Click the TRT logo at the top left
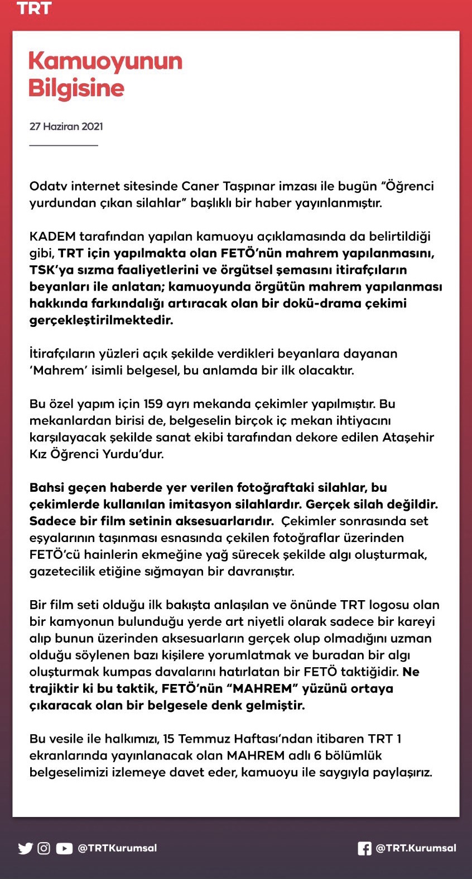34,8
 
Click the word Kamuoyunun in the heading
105,61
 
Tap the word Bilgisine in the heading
76,88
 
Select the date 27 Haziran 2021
66,126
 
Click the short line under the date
64,145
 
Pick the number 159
153,404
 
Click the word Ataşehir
408,438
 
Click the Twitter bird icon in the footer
25,848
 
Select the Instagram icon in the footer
44,848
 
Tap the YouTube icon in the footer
64,848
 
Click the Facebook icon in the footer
364,848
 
